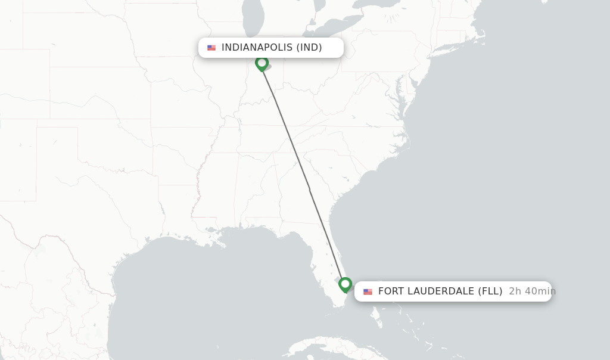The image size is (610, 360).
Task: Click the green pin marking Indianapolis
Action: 262,63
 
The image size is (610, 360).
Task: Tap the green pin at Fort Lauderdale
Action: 345,284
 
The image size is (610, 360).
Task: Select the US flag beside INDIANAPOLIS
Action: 211,48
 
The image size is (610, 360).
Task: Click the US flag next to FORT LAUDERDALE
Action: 368,291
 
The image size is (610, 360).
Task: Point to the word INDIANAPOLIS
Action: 257,48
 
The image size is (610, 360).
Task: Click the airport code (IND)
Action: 309,48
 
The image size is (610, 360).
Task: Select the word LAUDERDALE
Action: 441,291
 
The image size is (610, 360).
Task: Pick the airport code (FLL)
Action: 490,291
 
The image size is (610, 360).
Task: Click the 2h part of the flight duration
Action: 515,291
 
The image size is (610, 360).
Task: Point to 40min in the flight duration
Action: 540,291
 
